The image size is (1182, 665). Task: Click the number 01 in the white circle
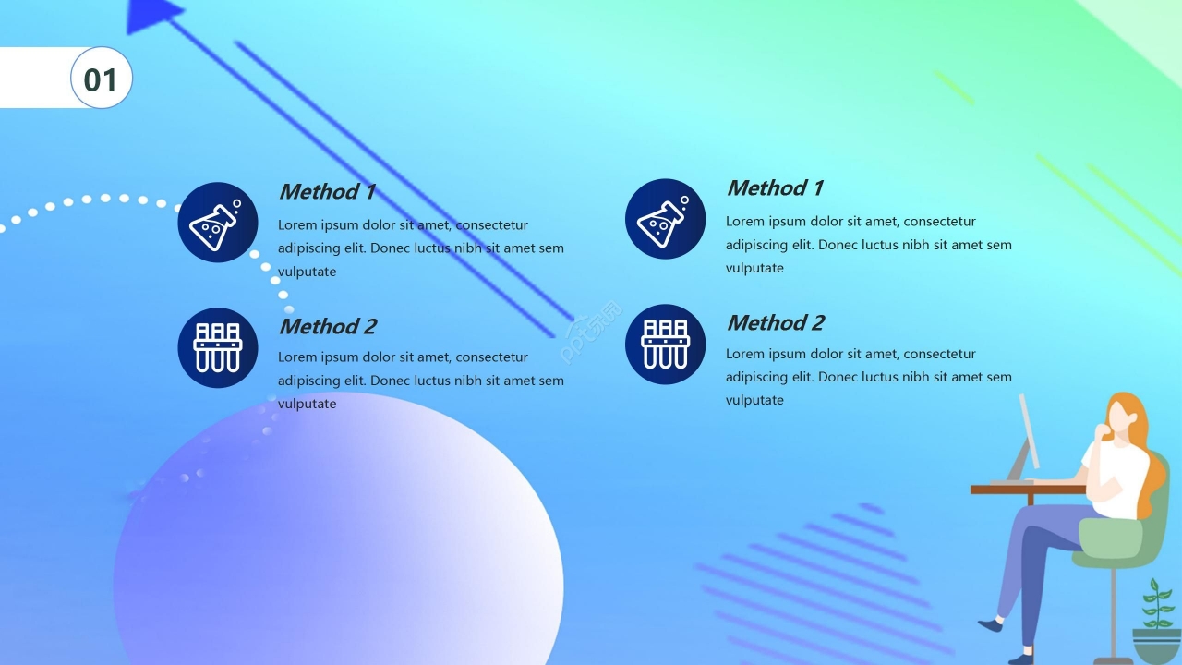pos(101,80)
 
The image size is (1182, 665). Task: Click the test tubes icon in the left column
pos(217,348)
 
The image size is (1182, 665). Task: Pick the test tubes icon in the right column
pos(665,345)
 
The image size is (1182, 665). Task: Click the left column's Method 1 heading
pos(328,191)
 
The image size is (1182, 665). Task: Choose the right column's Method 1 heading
pos(775,187)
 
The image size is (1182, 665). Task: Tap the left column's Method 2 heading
pos(328,327)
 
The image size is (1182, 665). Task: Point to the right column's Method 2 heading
pos(776,323)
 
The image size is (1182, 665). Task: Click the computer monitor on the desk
pos(1026,438)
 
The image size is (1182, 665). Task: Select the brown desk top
pos(1028,490)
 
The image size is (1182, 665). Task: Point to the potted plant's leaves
pos(1158,603)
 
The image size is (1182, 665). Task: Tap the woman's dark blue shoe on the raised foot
pos(990,625)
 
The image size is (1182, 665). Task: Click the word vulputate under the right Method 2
pos(754,400)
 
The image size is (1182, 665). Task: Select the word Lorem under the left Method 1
pos(297,224)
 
